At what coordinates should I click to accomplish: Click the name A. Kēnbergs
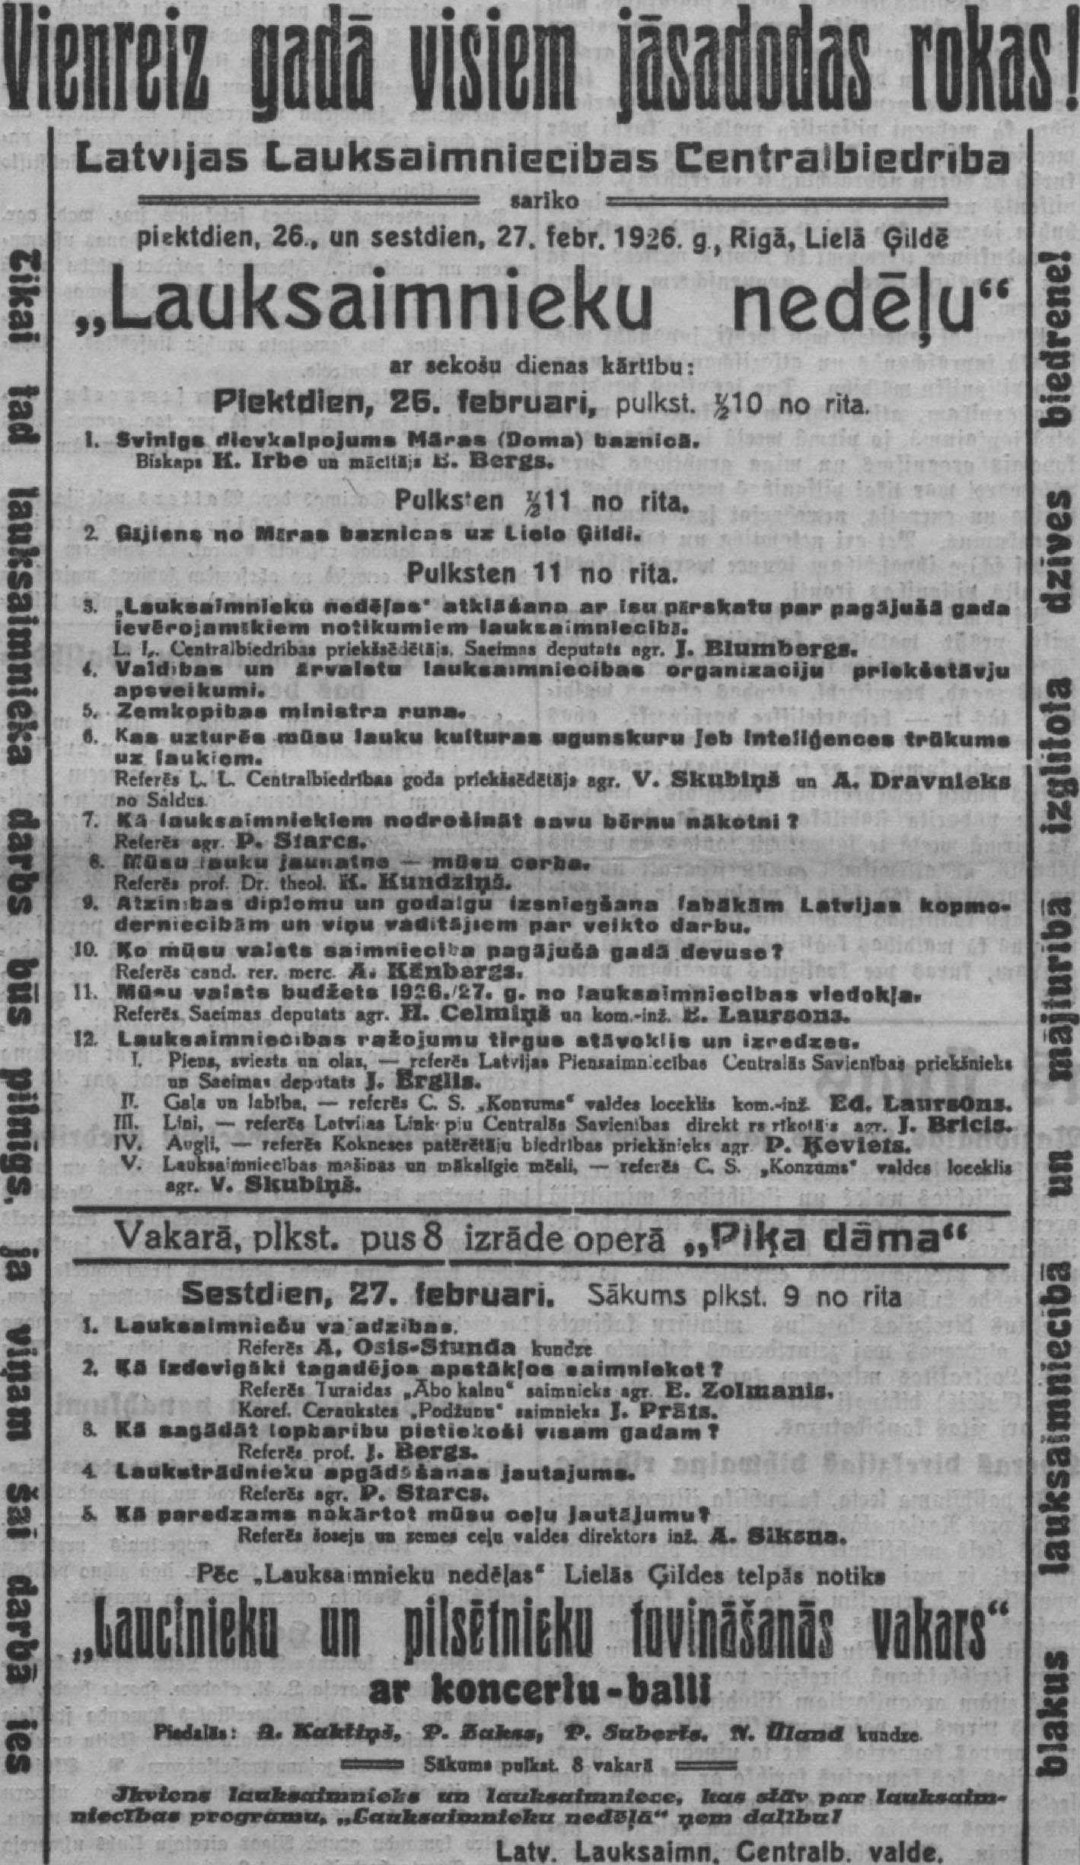[434, 972]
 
